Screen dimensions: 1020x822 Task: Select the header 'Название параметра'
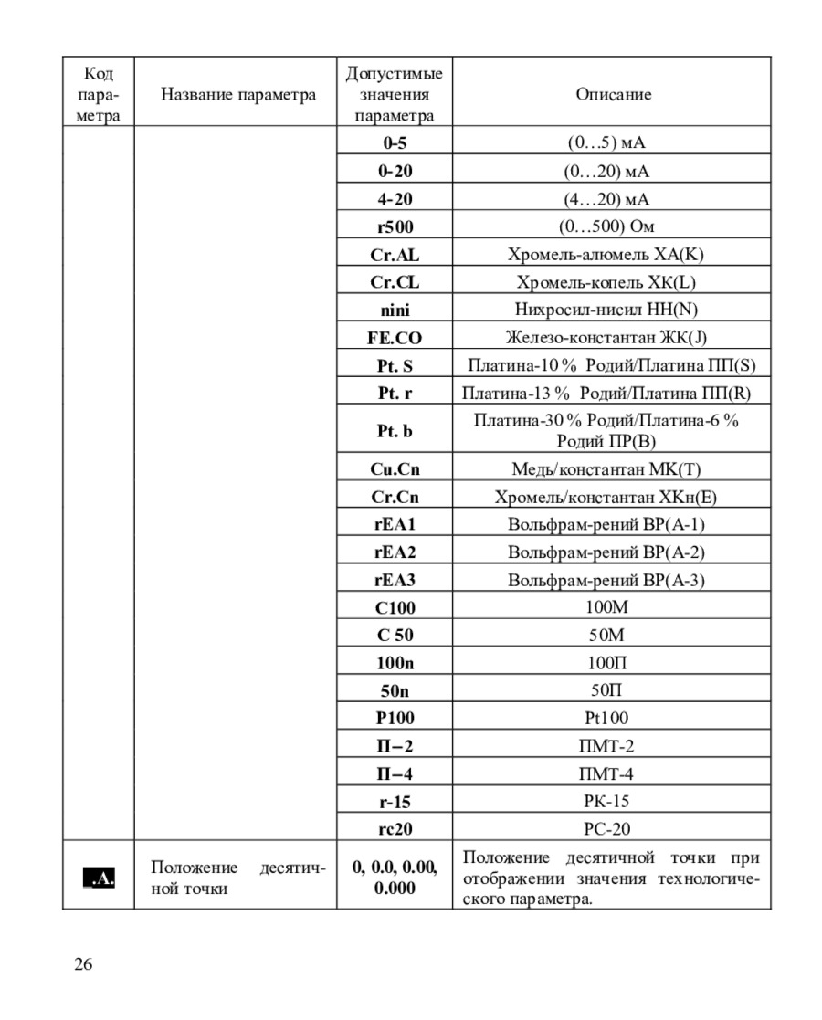click(238, 94)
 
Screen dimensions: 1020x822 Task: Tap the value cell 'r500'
click(395, 226)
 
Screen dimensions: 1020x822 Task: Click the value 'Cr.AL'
click(395, 255)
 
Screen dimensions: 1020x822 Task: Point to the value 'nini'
click(395, 310)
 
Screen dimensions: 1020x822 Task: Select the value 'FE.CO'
click(395, 338)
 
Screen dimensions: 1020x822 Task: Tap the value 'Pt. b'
click(395, 431)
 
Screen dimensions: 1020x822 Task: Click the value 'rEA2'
click(395, 552)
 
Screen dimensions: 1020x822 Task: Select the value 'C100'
click(395, 607)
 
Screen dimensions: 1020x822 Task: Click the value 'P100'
click(395, 718)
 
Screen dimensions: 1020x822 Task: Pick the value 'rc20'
click(395, 829)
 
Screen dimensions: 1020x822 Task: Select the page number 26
click(83, 964)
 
